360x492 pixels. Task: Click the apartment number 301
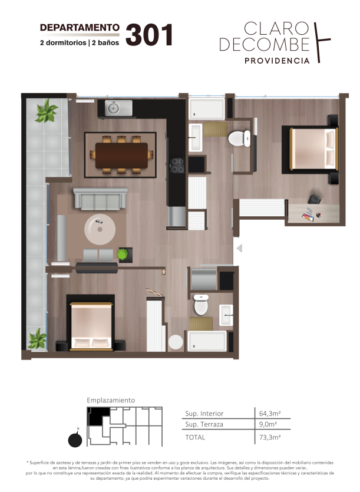click(150, 35)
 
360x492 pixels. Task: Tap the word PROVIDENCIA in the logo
click(277, 61)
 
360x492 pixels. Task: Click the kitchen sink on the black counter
click(118, 108)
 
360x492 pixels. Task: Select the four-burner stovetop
click(177, 166)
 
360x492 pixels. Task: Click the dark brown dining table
click(121, 156)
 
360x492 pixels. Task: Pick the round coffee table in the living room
click(100, 229)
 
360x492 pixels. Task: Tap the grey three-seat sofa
click(100, 199)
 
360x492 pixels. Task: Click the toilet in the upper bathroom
click(239, 138)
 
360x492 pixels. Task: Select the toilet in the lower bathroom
click(201, 304)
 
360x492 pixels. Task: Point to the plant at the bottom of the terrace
click(38, 339)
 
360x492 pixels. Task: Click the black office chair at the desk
click(314, 199)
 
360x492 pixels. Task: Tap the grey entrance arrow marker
click(239, 249)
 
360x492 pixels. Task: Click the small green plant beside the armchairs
click(123, 254)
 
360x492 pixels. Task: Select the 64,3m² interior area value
click(270, 413)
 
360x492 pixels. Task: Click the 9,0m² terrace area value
click(268, 424)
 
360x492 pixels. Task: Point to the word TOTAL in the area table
click(195, 437)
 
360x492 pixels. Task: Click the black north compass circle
click(75, 440)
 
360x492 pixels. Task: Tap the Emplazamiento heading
click(111, 400)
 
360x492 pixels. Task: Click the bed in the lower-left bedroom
click(91, 326)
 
